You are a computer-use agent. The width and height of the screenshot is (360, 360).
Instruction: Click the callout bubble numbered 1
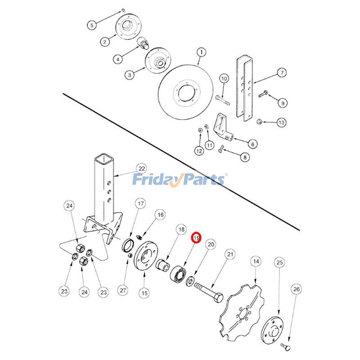(x=201, y=52)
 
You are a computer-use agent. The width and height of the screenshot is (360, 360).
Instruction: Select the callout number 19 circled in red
(x=196, y=237)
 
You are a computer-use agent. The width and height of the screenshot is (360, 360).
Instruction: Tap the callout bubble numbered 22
(x=142, y=168)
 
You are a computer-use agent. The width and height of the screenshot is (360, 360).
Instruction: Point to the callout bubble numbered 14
(x=256, y=261)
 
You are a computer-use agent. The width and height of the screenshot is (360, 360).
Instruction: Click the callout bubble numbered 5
(x=91, y=25)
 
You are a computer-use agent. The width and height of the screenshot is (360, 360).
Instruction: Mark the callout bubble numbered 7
(x=282, y=72)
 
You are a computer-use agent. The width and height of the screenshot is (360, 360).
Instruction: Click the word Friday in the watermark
(x=155, y=180)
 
